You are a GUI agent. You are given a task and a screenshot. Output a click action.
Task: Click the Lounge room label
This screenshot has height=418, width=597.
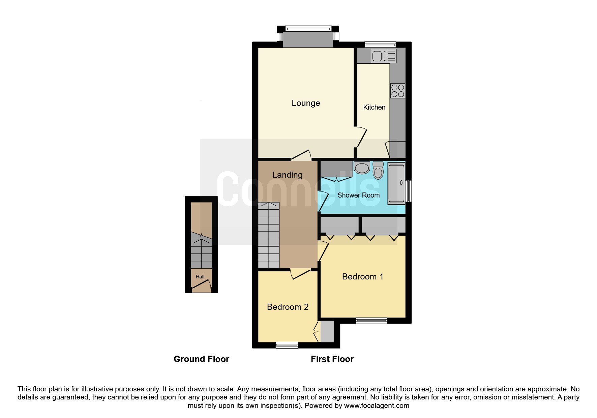306,103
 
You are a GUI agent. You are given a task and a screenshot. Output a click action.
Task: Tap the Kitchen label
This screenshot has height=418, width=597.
374,107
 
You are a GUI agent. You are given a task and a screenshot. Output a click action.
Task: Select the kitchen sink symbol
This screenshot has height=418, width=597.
384,56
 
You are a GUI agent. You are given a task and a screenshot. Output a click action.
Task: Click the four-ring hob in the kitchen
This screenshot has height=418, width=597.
398,91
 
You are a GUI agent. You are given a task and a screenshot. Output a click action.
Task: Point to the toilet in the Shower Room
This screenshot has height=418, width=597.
378,171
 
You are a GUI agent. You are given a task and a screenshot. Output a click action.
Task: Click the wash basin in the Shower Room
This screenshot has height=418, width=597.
362,168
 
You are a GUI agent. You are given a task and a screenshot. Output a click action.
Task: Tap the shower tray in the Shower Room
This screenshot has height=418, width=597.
396,183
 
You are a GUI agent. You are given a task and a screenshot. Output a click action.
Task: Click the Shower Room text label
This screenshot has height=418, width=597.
358,195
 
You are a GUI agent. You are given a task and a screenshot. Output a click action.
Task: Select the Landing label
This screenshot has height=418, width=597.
287,175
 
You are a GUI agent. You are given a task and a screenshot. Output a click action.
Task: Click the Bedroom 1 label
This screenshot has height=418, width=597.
362,277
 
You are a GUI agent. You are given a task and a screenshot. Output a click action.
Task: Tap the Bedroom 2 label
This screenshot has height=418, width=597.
288,307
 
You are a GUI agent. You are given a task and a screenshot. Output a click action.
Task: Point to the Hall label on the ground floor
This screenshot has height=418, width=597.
200,277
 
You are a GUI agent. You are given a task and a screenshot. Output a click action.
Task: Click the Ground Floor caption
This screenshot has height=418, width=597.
201,359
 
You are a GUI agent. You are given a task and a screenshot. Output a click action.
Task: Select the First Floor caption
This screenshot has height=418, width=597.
332,359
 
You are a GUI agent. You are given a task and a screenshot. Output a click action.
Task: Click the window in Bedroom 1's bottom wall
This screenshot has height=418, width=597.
371,321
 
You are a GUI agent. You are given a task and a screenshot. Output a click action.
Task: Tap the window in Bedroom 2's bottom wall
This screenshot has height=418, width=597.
287,345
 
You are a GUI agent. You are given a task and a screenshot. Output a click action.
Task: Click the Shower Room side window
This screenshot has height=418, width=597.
409,191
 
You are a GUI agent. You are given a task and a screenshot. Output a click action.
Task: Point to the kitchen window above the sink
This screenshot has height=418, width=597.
380,44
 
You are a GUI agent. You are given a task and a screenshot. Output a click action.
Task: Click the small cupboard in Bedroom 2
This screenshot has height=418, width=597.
327,331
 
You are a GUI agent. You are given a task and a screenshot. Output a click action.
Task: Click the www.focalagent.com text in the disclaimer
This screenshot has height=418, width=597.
377,406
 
